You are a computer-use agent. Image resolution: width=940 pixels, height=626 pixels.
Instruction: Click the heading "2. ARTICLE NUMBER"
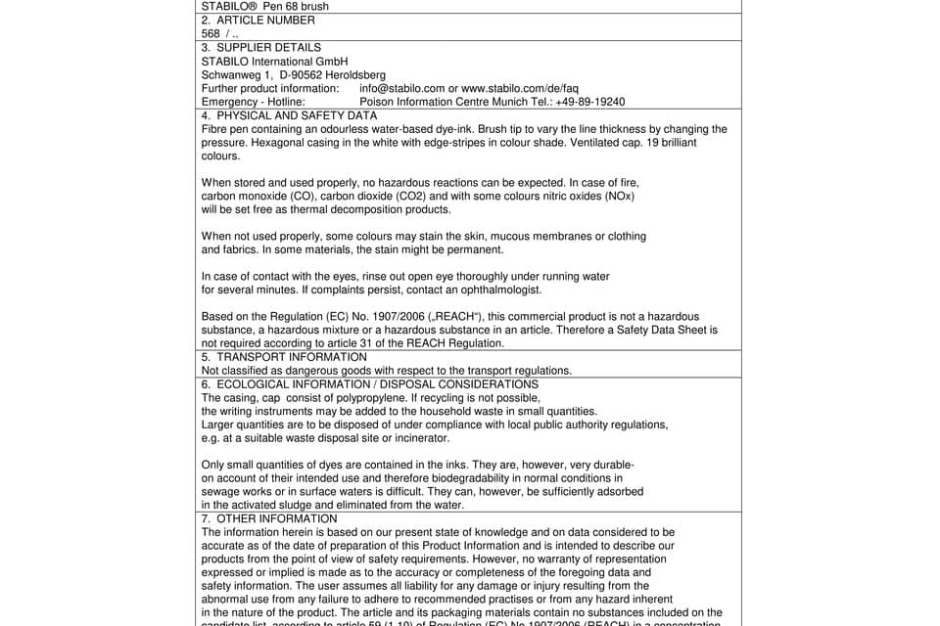pyautogui.click(x=258, y=20)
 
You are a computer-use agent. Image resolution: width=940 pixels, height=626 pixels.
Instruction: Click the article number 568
pyautogui.click(x=211, y=33)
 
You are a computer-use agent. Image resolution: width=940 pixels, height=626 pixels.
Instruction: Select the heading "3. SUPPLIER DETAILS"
pyautogui.click(x=260, y=47)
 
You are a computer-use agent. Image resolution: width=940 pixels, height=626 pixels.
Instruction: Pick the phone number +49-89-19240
pyautogui.click(x=588, y=102)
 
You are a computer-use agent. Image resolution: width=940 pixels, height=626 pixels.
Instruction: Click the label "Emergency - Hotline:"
pyautogui.click(x=253, y=102)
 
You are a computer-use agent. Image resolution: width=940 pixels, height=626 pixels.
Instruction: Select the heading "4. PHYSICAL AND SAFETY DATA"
pyautogui.click(x=289, y=115)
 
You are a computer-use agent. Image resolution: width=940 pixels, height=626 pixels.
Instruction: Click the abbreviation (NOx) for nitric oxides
pyautogui.click(x=618, y=196)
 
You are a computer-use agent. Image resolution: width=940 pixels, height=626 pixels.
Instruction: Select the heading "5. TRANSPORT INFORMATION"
pyautogui.click(x=283, y=357)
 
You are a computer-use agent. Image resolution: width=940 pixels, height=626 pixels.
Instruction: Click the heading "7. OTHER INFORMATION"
pyautogui.click(x=268, y=518)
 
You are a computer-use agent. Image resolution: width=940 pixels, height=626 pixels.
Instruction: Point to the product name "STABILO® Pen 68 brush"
pyautogui.click(x=264, y=6)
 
